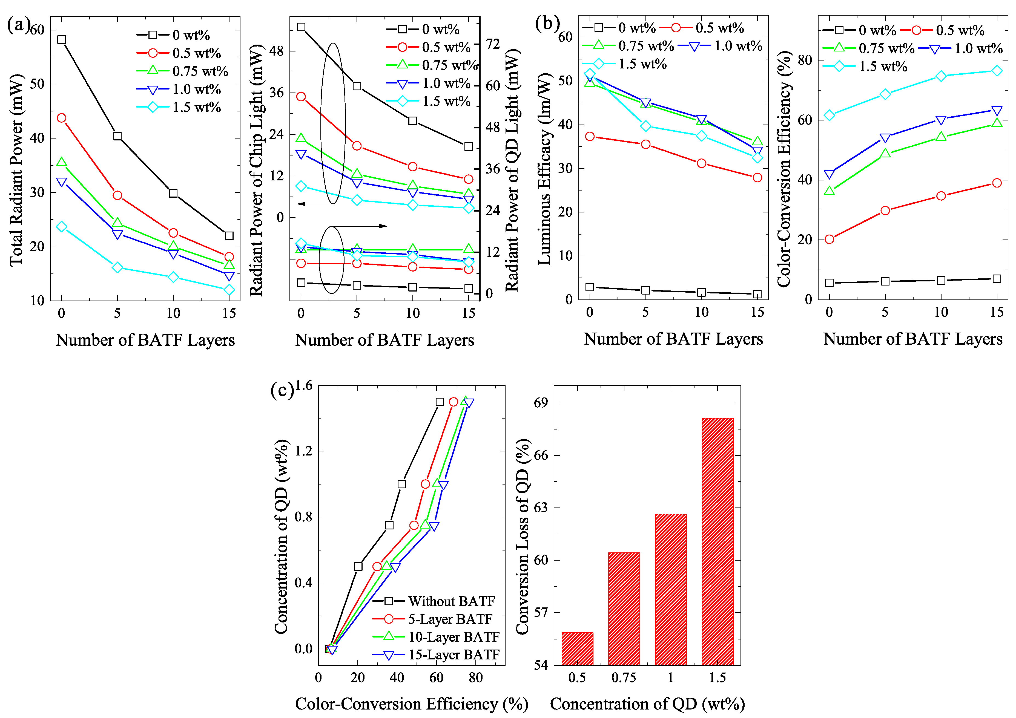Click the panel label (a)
click(18, 24)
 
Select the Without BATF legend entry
click(451, 601)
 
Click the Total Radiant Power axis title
click(16, 170)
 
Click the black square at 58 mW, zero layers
click(62, 40)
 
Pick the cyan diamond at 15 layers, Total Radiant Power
click(229, 290)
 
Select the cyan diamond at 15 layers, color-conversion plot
click(997, 71)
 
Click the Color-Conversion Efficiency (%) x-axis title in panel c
click(412, 703)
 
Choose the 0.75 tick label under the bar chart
click(624, 677)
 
